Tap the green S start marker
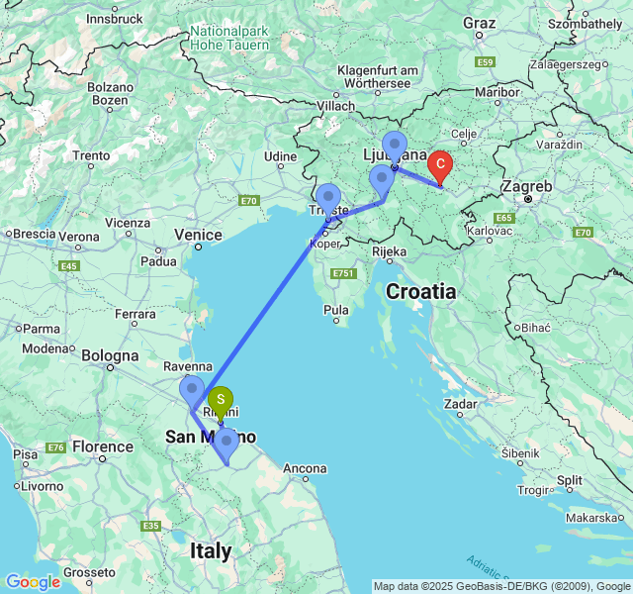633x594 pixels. [222, 400]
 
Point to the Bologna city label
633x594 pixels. [110, 355]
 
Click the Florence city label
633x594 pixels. [101, 446]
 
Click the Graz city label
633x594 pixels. [479, 23]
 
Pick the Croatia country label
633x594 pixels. [421, 292]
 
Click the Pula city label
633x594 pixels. [337, 310]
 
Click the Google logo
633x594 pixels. [33, 582]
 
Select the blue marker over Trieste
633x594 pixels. [327, 198]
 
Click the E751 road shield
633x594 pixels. [343, 272]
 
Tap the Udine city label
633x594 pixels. [280, 156]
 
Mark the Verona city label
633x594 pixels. [78, 236]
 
